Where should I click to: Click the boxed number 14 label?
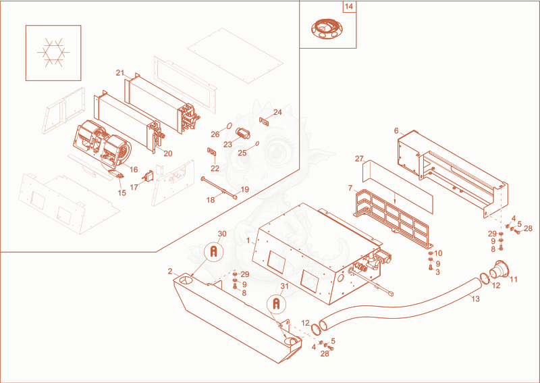coord(349,7)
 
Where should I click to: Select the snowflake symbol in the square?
coord(53,53)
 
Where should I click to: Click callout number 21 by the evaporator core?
coord(120,73)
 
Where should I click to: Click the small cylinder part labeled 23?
coord(242,132)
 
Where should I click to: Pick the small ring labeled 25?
coord(257,143)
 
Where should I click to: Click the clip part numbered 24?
coord(264,121)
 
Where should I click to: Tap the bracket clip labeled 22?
coord(211,152)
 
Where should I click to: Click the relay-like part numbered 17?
coord(148,176)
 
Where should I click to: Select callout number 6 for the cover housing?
coord(396,131)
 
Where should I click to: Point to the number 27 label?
coord(359,159)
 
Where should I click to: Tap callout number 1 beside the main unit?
coord(248,240)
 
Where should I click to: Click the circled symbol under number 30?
coord(213,252)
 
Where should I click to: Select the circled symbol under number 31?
coord(276,305)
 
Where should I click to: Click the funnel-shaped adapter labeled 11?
coord(500,270)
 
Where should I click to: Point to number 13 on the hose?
coord(475,299)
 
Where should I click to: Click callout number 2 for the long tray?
coord(170,272)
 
